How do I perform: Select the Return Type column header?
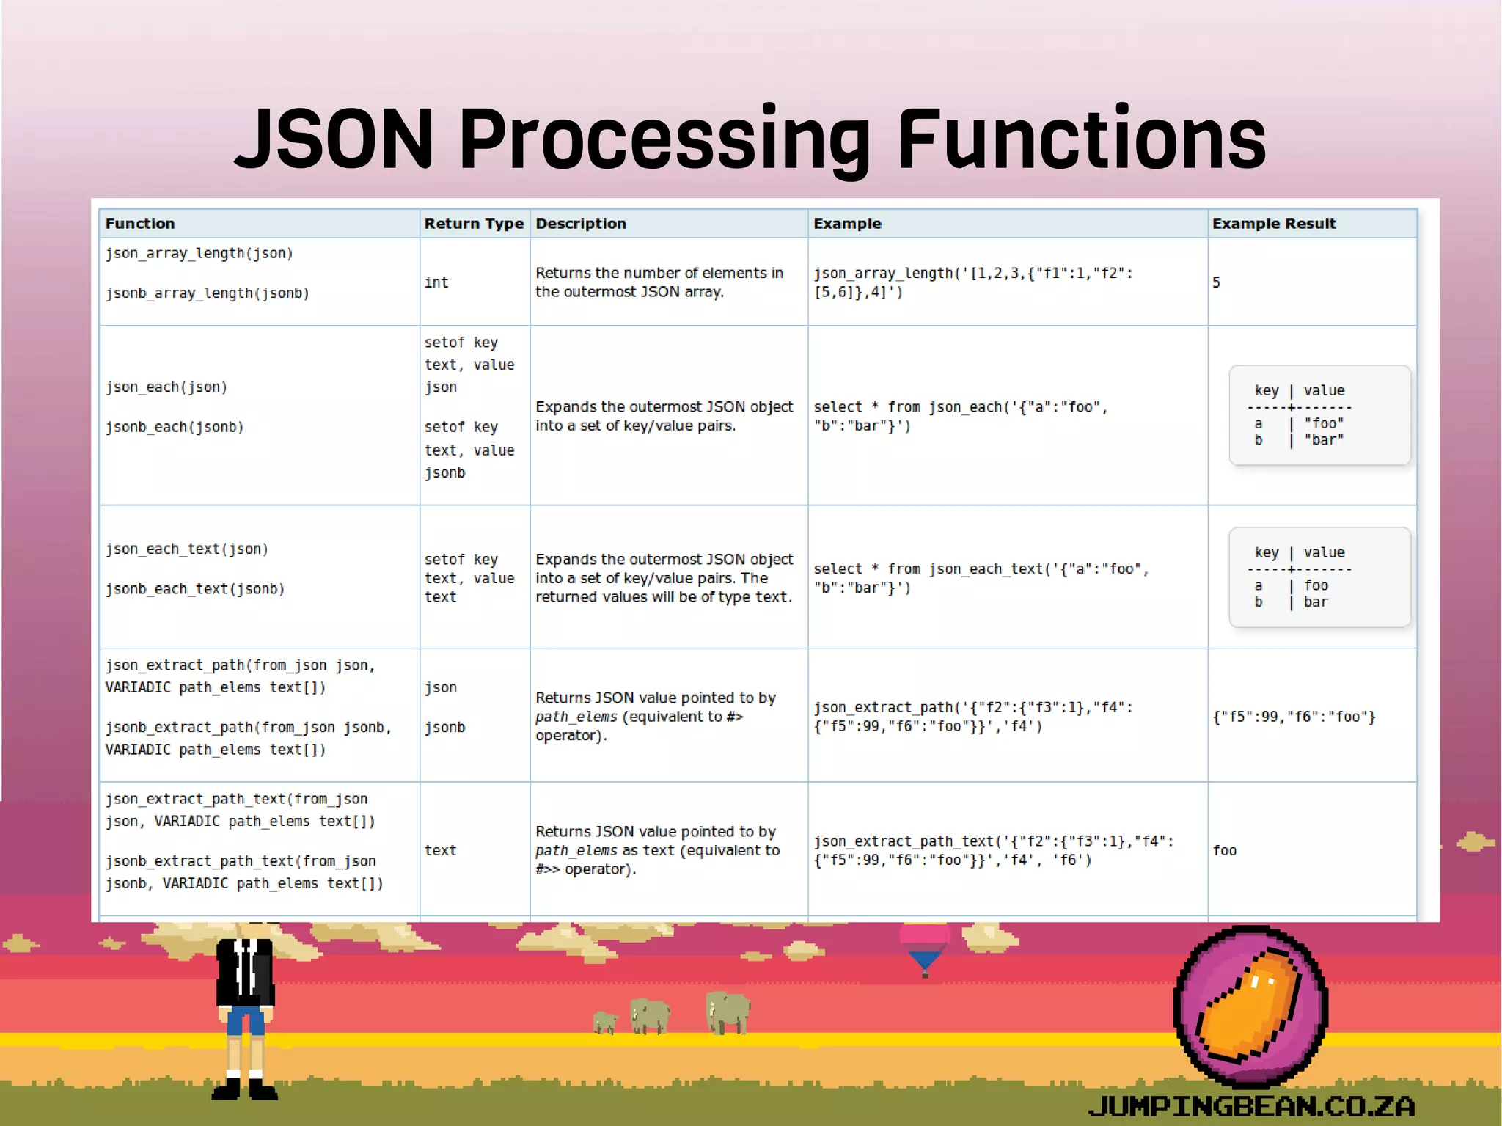474,224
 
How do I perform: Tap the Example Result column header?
1273,224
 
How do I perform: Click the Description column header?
580,224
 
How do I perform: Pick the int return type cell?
436,282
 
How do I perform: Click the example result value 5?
1216,282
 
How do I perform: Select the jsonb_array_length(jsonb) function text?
207,293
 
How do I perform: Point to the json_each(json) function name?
166,387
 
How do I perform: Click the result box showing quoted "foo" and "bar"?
1319,415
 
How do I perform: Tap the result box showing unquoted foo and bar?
1319,577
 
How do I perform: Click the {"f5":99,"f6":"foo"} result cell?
1294,717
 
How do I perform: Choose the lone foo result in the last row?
1224,851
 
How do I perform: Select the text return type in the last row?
440,851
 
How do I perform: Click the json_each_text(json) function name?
186,549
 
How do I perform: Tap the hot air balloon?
924,946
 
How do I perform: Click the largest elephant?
728,1012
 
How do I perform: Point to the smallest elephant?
605,1022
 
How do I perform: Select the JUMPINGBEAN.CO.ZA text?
1251,1105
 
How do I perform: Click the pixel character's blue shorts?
245,1020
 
